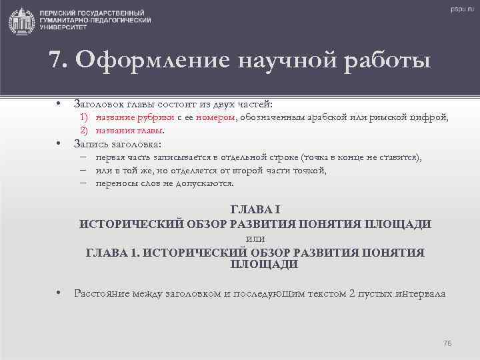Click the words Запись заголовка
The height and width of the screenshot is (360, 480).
[117, 144]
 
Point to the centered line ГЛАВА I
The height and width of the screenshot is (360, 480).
[255, 210]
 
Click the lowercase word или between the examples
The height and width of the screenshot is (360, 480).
[255, 238]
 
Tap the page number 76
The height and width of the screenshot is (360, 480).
[447, 343]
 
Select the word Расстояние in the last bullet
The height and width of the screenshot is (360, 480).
[102, 293]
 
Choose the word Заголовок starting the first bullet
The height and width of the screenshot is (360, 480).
[97, 105]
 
